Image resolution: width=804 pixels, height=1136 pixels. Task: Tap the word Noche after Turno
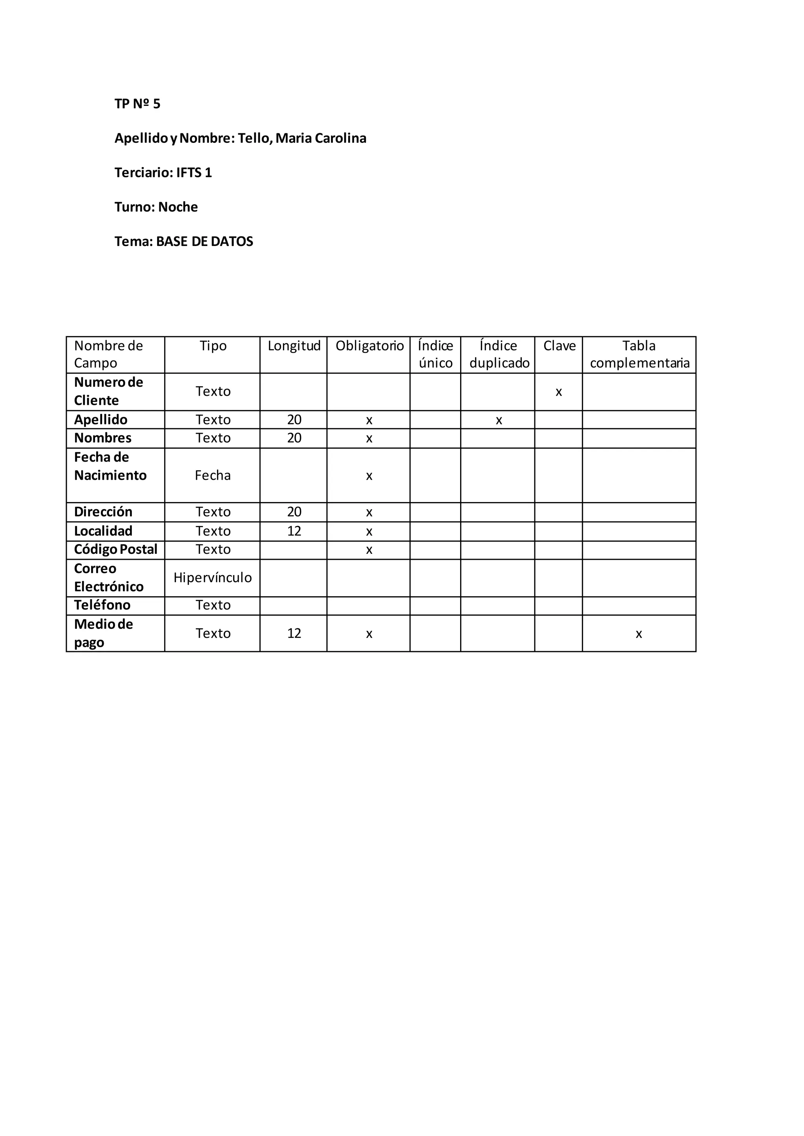(178, 207)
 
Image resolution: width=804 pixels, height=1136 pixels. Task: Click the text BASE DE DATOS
(205, 242)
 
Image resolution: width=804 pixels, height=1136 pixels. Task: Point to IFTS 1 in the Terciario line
(194, 173)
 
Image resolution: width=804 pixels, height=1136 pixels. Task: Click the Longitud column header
(294, 346)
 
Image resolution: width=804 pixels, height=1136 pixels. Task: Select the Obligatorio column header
(369, 346)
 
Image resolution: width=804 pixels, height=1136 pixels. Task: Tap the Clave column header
(559, 346)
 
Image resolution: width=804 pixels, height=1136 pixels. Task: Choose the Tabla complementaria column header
(639, 354)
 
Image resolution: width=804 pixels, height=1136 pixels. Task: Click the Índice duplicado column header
(499, 354)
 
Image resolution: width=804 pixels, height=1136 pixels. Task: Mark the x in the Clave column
(559, 392)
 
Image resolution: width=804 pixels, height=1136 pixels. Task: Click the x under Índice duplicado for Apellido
(499, 421)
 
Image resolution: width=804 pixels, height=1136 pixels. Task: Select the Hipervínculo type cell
(212, 577)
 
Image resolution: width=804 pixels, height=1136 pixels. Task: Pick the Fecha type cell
(212, 475)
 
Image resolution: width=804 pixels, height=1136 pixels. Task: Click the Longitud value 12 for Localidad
(294, 532)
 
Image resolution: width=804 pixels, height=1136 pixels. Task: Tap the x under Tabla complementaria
(639, 634)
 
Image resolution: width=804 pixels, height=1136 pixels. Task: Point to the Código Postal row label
(115, 549)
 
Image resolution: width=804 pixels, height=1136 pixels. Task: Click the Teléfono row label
(102, 605)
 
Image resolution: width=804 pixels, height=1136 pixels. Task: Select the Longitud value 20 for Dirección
(294, 512)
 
